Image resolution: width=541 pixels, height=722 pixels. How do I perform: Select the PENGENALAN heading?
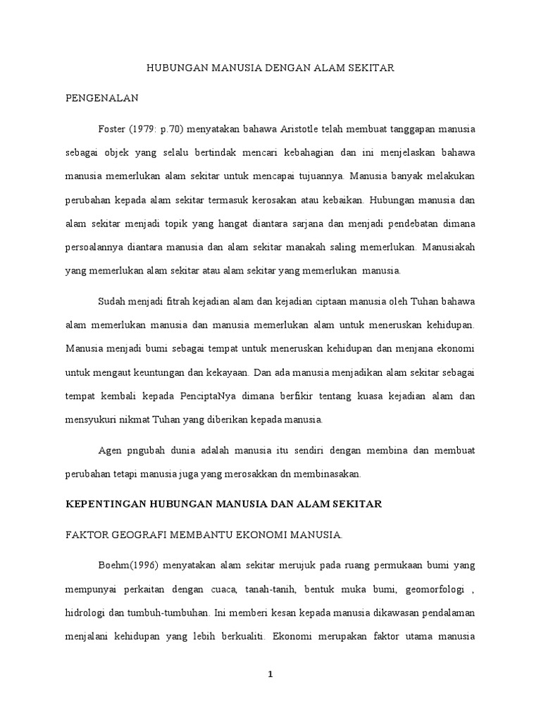coord(99,99)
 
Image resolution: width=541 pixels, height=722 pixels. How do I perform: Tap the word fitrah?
coord(180,302)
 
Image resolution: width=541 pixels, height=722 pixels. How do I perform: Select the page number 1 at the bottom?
coord(270,674)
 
